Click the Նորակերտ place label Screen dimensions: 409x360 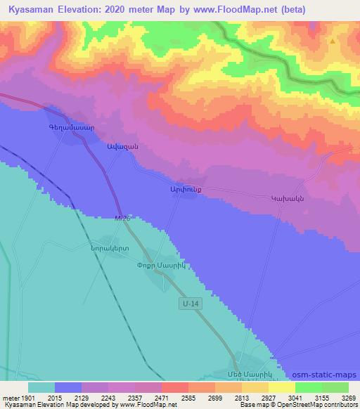pyautogui.click(x=109, y=249)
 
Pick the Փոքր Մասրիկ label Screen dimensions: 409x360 pyautogui.click(x=160, y=265)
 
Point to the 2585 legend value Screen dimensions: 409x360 pyautogui.click(x=187, y=397)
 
